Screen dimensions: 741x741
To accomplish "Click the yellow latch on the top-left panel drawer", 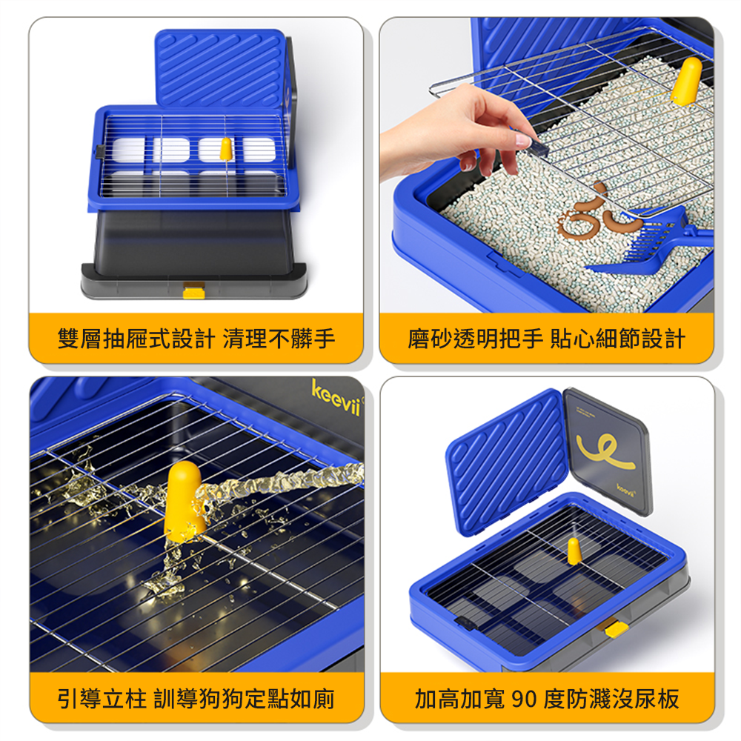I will pyautogui.click(x=193, y=290).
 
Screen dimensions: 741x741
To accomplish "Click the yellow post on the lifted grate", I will pyautogui.click(x=687, y=80).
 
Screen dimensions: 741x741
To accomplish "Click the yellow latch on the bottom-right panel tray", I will pyautogui.click(x=616, y=629).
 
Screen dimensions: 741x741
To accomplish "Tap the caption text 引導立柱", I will pyautogui.click(x=104, y=699).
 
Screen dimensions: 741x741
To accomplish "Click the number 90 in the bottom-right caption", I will pyautogui.click(x=523, y=699).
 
